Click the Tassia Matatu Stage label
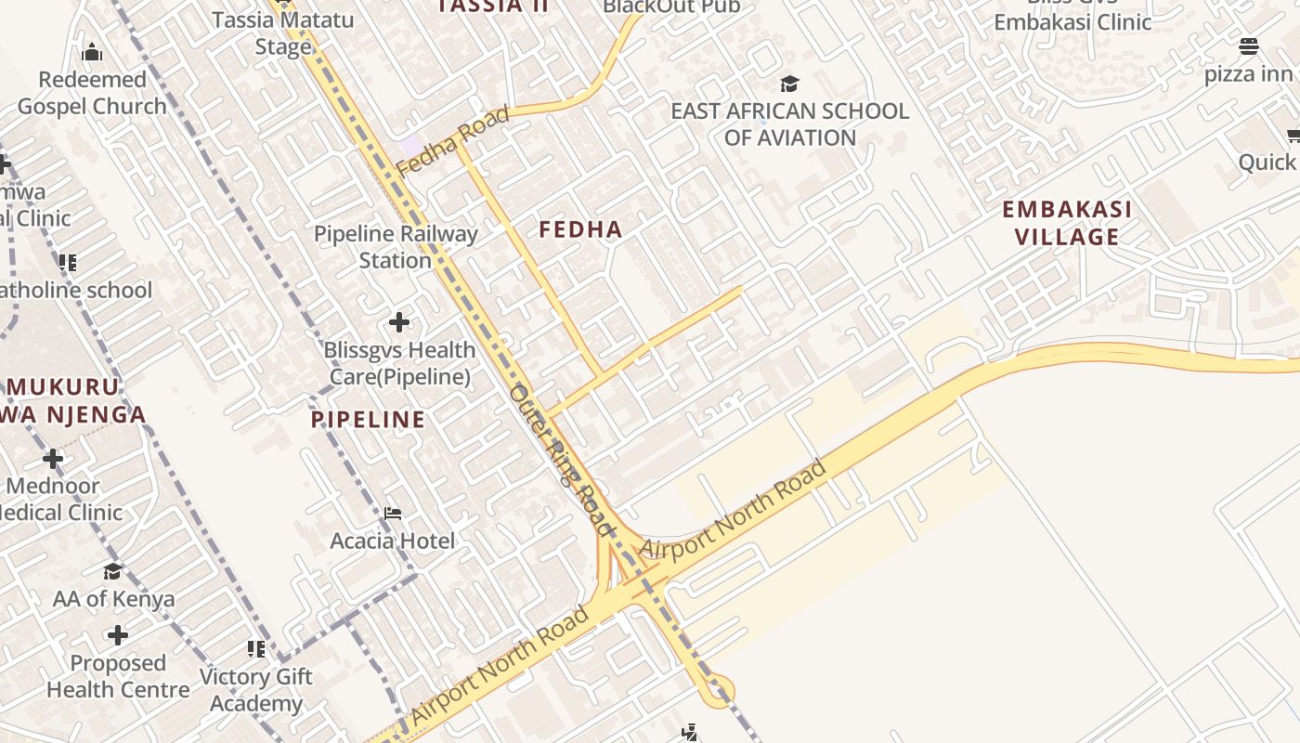tap(282, 33)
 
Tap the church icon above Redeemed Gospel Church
tap(91, 53)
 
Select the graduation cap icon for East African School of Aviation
tap(789, 85)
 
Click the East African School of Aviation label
tap(789, 124)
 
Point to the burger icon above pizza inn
tap(1249, 46)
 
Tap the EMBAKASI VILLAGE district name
tap(1067, 223)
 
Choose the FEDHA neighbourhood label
tap(581, 229)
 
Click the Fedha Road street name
tap(453, 142)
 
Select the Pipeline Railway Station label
tap(396, 247)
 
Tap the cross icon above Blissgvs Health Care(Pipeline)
tap(399, 322)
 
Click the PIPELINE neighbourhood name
tap(369, 420)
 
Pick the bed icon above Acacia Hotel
tap(393, 513)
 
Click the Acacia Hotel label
tap(393, 541)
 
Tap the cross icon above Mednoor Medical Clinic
tap(53, 459)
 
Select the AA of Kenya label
tap(113, 599)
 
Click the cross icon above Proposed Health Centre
tap(117, 635)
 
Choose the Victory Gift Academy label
tap(255, 690)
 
